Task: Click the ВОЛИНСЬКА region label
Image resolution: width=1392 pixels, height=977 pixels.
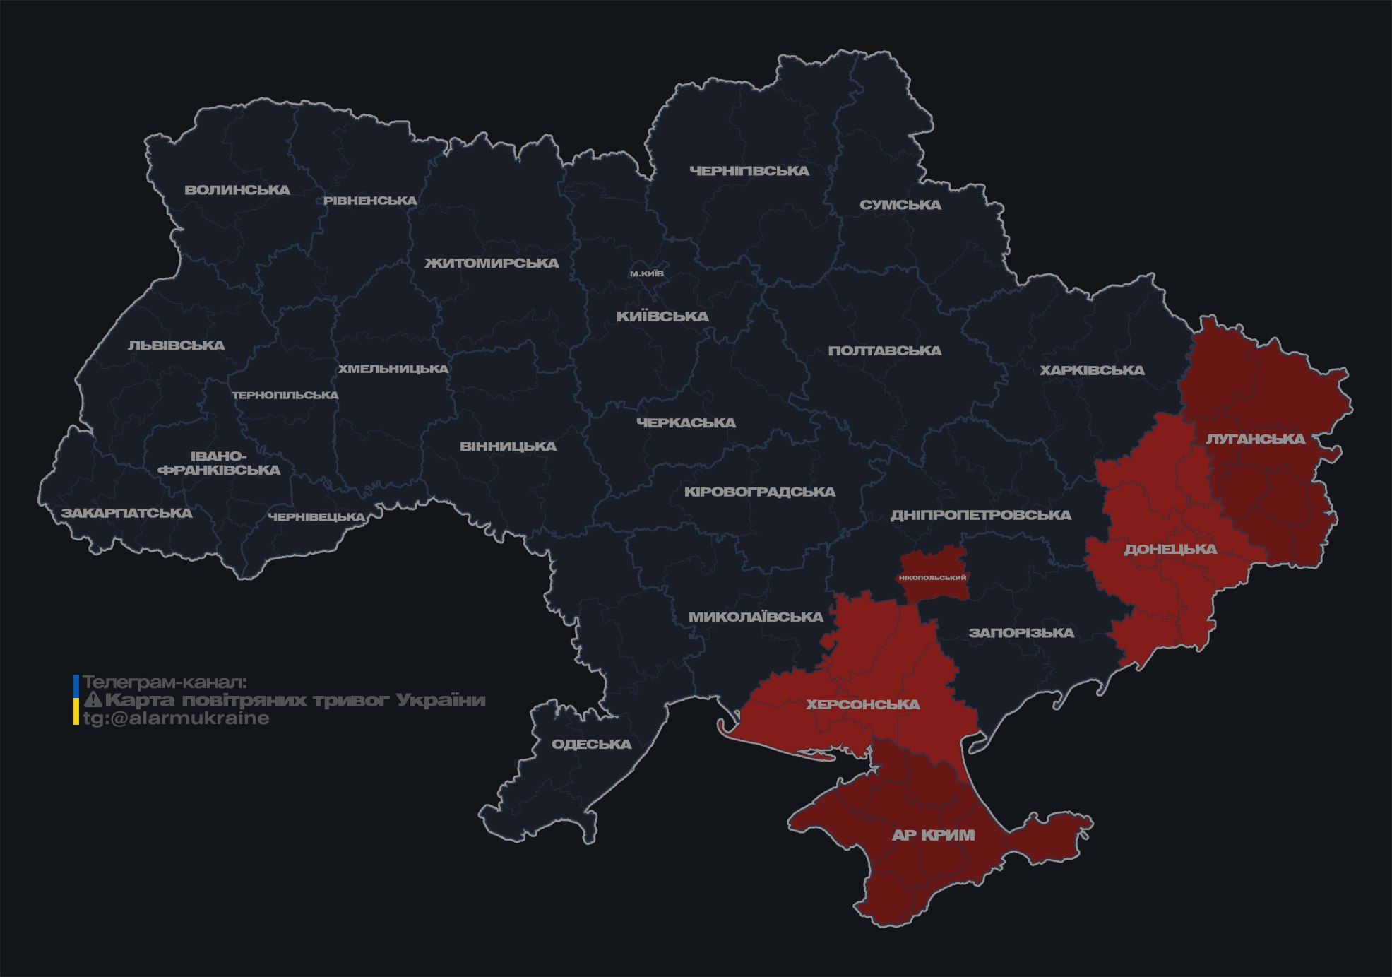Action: (237, 190)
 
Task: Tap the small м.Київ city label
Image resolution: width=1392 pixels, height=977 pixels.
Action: (647, 273)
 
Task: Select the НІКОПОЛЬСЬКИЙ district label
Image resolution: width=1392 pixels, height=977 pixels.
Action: (932, 577)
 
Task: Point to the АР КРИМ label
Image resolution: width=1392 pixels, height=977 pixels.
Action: (933, 835)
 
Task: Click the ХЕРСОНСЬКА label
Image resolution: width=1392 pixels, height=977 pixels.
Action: (863, 704)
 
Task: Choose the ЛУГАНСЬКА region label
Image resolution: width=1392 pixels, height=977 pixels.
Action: (1255, 439)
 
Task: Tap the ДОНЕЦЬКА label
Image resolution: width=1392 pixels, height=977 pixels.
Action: (1170, 549)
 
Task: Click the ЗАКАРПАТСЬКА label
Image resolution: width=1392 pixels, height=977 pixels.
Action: (126, 513)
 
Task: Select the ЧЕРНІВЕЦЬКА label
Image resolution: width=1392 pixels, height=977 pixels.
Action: (316, 517)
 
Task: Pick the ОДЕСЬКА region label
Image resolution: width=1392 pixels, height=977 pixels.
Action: (591, 744)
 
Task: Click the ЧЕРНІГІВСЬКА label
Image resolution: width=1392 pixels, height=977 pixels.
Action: (749, 171)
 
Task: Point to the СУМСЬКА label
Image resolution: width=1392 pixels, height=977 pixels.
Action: (900, 205)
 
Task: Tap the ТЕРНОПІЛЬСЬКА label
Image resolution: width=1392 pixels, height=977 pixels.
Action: (285, 395)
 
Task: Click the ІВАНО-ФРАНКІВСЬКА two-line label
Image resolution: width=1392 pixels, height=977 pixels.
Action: (219, 463)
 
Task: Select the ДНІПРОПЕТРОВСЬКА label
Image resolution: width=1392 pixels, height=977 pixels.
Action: (980, 515)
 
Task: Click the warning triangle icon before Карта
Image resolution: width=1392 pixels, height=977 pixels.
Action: (93, 700)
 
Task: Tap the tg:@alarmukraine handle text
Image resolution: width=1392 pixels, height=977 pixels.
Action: (176, 718)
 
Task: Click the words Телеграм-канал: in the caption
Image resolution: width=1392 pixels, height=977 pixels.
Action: (165, 682)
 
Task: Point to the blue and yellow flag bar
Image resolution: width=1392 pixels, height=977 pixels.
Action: (76, 700)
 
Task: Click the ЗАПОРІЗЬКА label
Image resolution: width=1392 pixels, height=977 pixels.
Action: (1021, 633)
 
